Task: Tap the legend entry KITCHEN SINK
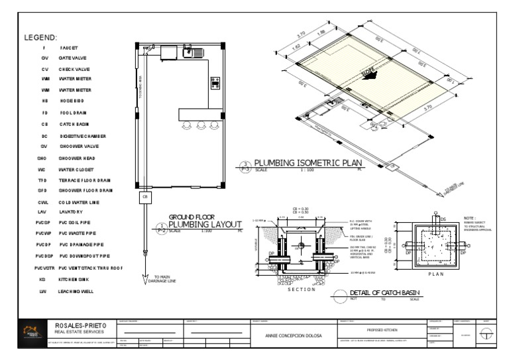click(73, 280)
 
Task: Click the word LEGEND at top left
click(40, 38)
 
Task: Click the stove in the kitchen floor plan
click(215, 82)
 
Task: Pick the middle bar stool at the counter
click(199, 125)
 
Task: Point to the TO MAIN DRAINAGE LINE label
click(166, 278)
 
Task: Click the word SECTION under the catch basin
click(301, 289)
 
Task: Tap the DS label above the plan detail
click(445, 218)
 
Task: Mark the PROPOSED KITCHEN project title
click(381, 329)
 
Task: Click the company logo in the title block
click(30, 332)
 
